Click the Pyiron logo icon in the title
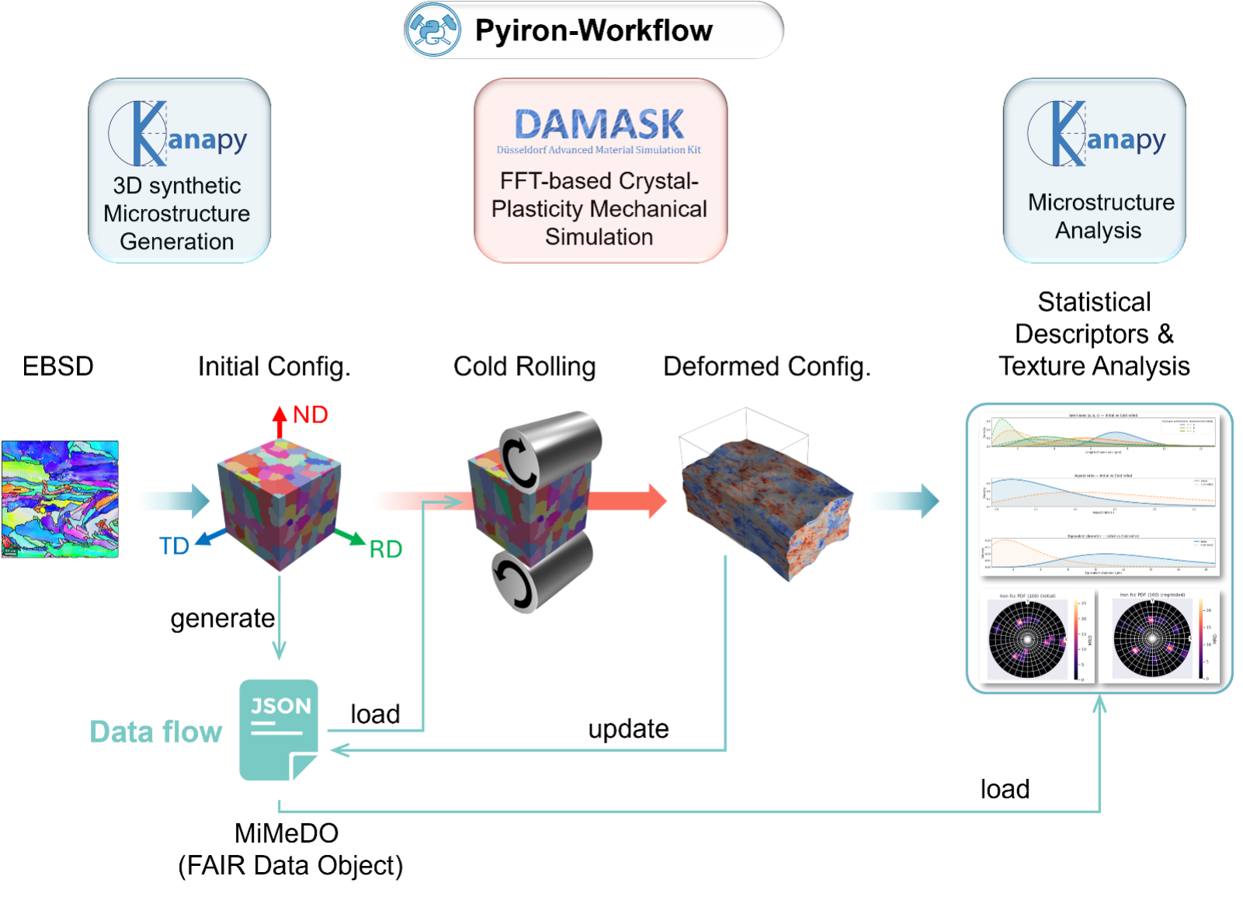tap(432, 30)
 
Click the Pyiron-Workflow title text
tap(593, 31)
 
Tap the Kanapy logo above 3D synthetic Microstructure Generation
tap(179, 134)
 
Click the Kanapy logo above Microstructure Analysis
tap(1098, 134)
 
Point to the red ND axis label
tap(311, 415)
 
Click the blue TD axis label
tap(174, 546)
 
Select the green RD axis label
tap(386, 550)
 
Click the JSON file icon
tap(279, 729)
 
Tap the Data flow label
tap(156, 732)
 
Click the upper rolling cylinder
tap(550, 450)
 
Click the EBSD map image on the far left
tap(61, 499)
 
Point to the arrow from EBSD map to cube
tap(173, 501)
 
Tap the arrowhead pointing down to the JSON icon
tap(279, 650)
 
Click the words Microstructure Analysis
tap(1099, 217)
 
